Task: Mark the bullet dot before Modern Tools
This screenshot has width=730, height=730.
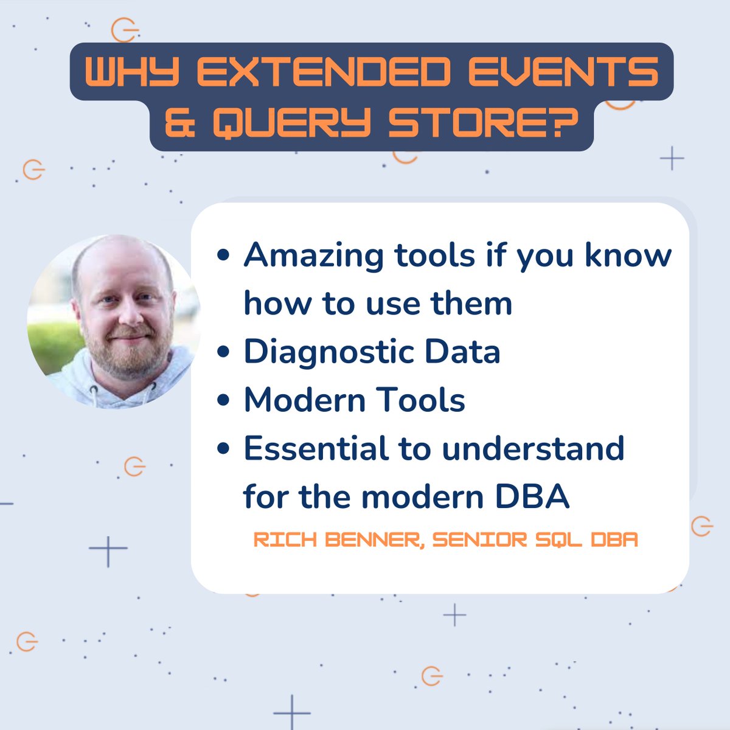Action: tap(224, 401)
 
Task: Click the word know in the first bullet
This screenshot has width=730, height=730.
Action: tap(628, 255)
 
